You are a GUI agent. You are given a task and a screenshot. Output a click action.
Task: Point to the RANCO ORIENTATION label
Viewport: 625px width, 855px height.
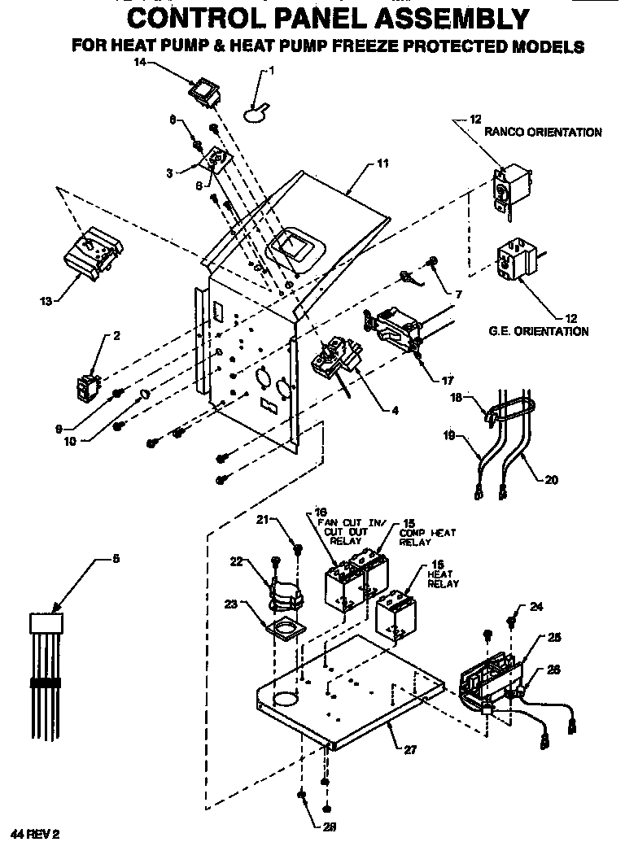(x=543, y=132)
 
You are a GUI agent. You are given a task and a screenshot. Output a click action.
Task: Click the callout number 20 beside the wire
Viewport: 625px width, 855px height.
(x=551, y=480)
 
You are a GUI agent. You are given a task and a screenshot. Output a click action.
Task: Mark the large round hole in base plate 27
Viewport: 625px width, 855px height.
(x=285, y=699)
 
